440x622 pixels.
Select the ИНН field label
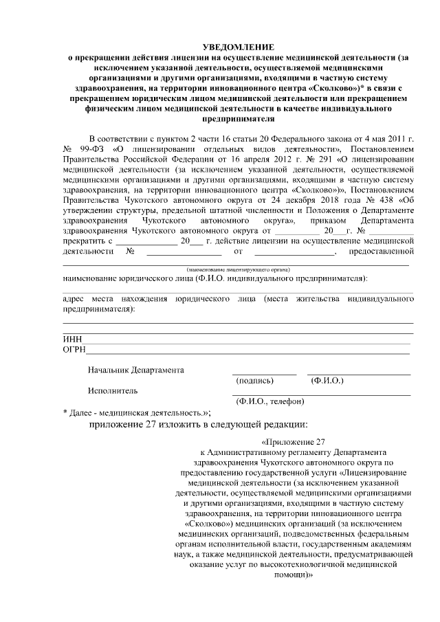coord(72,340)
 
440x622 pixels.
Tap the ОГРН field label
coord(74,350)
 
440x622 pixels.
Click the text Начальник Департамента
coord(135,370)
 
